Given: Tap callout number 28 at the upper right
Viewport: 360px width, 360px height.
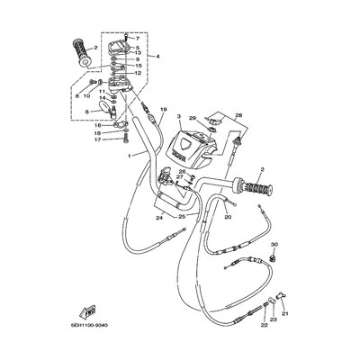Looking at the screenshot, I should [x=239, y=115].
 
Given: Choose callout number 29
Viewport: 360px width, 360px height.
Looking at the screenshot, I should [x=192, y=118].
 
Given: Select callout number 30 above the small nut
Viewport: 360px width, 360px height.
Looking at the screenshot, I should [x=275, y=245].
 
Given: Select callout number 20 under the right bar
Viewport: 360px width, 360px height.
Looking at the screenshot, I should [x=228, y=217].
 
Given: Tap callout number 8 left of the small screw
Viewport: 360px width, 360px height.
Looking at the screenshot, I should [x=78, y=94].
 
